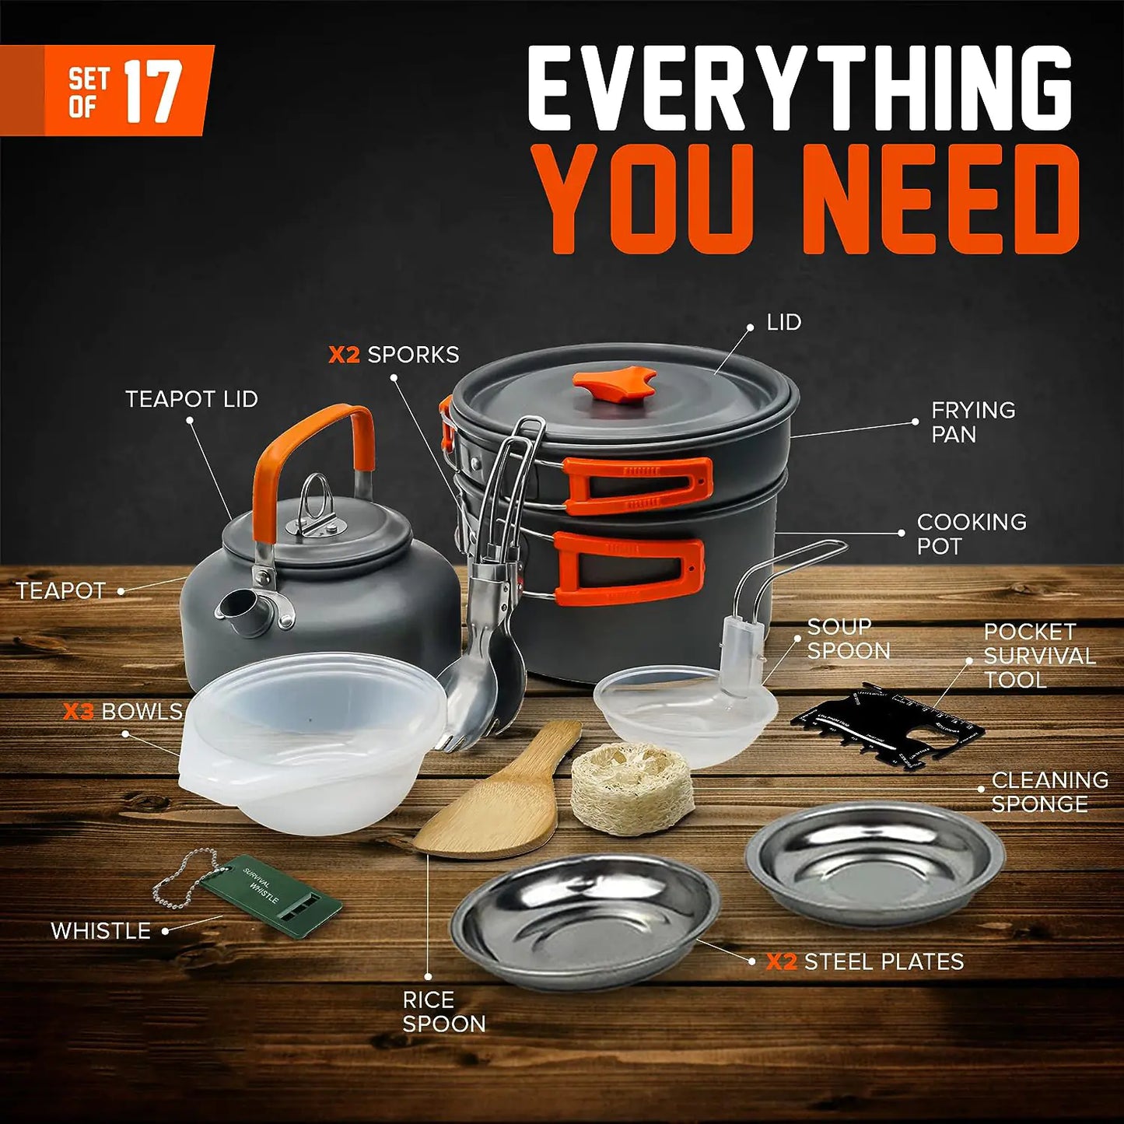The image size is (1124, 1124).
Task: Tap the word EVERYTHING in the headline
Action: pyautogui.click(x=801, y=89)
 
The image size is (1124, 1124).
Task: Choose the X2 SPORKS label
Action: pyautogui.click(x=394, y=355)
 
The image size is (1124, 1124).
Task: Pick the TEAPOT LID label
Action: pyautogui.click(x=191, y=399)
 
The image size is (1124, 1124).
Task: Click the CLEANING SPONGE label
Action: pyautogui.click(x=1049, y=792)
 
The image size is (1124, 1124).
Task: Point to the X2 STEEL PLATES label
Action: pyautogui.click(x=865, y=962)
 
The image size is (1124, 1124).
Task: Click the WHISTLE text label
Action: pyautogui.click(x=100, y=930)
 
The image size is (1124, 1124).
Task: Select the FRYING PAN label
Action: pyautogui.click(x=972, y=422)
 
